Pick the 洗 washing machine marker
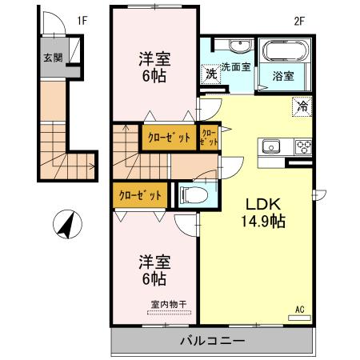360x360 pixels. click(211, 73)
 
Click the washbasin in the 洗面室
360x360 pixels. click(239, 46)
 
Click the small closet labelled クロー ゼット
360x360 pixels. click(209, 137)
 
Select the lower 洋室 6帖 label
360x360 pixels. click(154, 270)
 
